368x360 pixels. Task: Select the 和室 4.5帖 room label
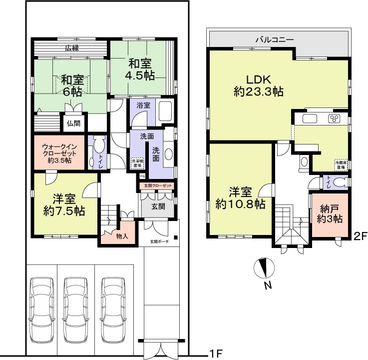(139, 69)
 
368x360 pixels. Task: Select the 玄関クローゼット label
(158, 186)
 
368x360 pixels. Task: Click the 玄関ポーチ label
(159, 242)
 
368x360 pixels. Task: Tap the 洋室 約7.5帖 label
(63, 204)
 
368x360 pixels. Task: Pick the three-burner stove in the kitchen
(334, 119)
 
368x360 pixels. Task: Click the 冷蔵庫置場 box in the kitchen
(341, 164)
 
